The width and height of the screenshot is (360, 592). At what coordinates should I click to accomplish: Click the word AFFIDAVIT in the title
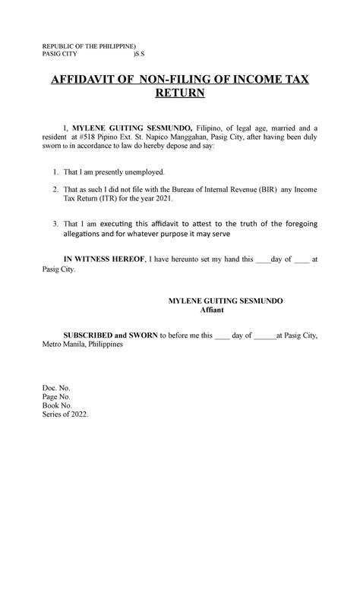(81, 80)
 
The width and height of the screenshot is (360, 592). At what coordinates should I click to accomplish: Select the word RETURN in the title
(180, 95)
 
